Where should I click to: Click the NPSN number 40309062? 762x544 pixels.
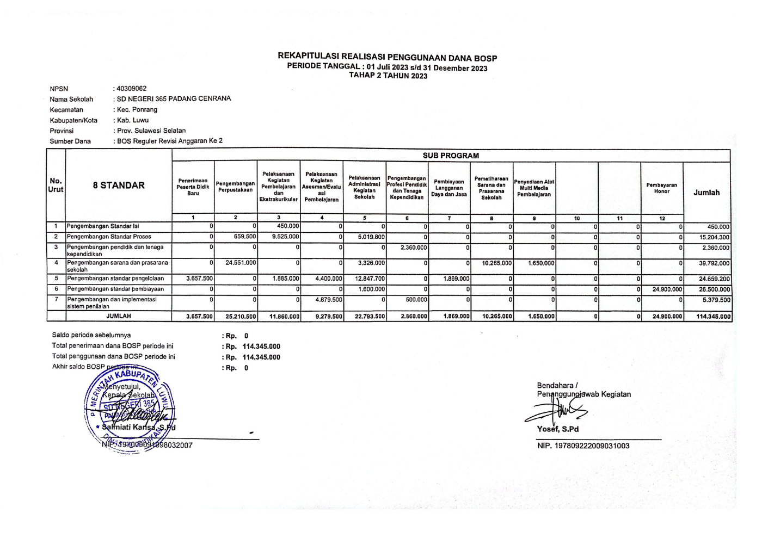[131, 88]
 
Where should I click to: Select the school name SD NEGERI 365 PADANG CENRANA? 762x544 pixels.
[174, 99]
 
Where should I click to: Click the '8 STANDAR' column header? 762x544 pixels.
[119, 186]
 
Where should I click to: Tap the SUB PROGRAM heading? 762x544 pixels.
[451, 156]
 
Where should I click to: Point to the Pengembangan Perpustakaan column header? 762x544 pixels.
[235, 187]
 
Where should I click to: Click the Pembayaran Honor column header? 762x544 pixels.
[661, 188]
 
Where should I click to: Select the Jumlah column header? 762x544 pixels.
[706, 193]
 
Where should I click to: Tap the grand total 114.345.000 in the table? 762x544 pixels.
[714, 317]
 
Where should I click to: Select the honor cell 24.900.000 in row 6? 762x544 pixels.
[667, 289]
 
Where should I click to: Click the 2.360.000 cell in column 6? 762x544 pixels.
[414, 248]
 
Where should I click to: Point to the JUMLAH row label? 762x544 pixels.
[119, 316]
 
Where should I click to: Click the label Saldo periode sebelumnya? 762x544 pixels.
[91, 335]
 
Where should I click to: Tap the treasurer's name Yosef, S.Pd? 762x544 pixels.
[558, 429]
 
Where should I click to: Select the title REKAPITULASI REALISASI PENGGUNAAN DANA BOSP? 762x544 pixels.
[387, 57]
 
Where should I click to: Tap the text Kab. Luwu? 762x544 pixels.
[133, 120]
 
